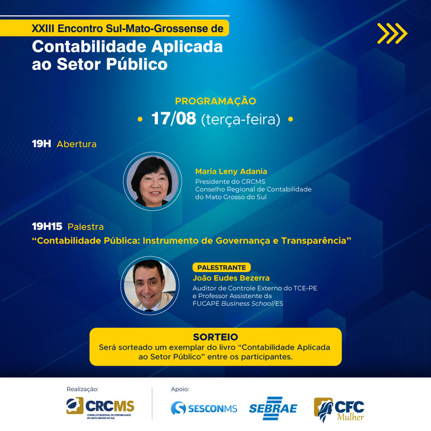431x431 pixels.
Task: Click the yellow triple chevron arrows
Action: [392, 33]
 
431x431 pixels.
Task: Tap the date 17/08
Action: [173, 119]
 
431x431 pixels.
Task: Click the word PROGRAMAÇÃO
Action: [215, 101]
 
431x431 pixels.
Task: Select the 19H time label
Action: [41, 143]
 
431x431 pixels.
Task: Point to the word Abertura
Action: [77, 144]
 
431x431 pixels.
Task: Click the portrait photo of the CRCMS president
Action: [152, 181]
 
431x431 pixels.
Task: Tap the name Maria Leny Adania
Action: [231, 172]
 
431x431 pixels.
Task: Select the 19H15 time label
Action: [47, 226]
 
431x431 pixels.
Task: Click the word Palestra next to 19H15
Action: [86, 227]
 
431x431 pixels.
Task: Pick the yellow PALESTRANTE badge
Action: [221, 268]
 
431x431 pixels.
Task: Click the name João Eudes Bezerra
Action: [231, 278]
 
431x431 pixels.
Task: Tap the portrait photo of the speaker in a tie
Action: [150, 285]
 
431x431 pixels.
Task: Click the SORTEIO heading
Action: [215, 337]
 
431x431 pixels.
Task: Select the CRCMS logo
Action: [100, 408]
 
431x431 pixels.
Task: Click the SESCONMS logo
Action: [204, 408]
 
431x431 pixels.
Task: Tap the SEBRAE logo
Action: [273, 408]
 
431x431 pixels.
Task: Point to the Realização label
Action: [82, 389]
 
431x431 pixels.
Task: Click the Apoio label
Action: [180, 389]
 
